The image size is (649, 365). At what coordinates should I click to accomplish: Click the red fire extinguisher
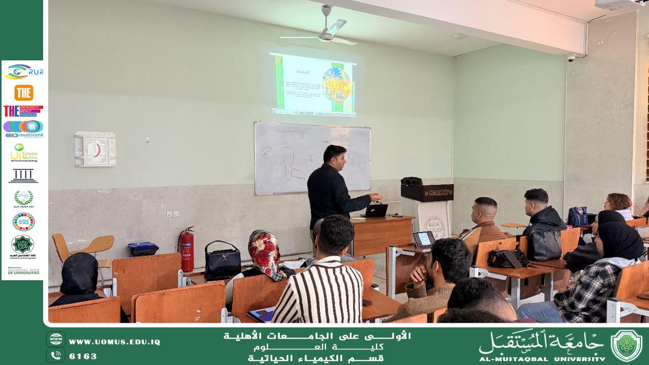click(187, 250)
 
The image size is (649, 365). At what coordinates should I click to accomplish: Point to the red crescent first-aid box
click(95, 149)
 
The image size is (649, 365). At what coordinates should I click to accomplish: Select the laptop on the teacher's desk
click(376, 210)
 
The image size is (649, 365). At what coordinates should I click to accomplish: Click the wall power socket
click(172, 214)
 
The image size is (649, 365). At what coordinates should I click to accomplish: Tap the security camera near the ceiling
click(571, 58)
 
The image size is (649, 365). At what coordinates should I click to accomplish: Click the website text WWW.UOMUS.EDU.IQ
click(114, 342)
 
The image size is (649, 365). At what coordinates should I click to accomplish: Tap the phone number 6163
click(83, 356)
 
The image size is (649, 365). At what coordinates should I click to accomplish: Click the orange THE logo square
click(24, 93)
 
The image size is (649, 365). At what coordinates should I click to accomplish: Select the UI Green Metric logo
click(24, 153)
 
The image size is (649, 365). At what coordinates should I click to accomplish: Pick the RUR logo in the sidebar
click(24, 72)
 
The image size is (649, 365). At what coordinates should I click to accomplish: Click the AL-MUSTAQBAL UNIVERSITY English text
click(541, 358)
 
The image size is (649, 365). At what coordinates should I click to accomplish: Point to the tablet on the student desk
click(423, 238)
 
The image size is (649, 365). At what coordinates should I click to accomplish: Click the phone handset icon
click(55, 355)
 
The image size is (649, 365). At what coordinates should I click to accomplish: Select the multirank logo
click(23, 129)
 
